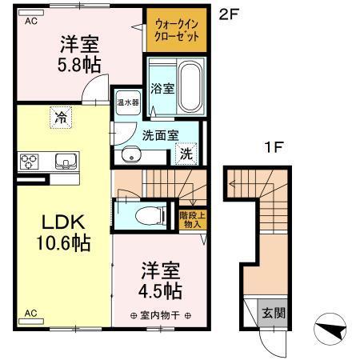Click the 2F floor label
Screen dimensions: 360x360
(228, 14)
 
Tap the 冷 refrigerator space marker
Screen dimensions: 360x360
(61, 118)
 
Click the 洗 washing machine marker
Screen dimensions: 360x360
(185, 153)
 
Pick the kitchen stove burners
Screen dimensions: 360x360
(30, 162)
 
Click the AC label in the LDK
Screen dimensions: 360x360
(30, 312)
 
